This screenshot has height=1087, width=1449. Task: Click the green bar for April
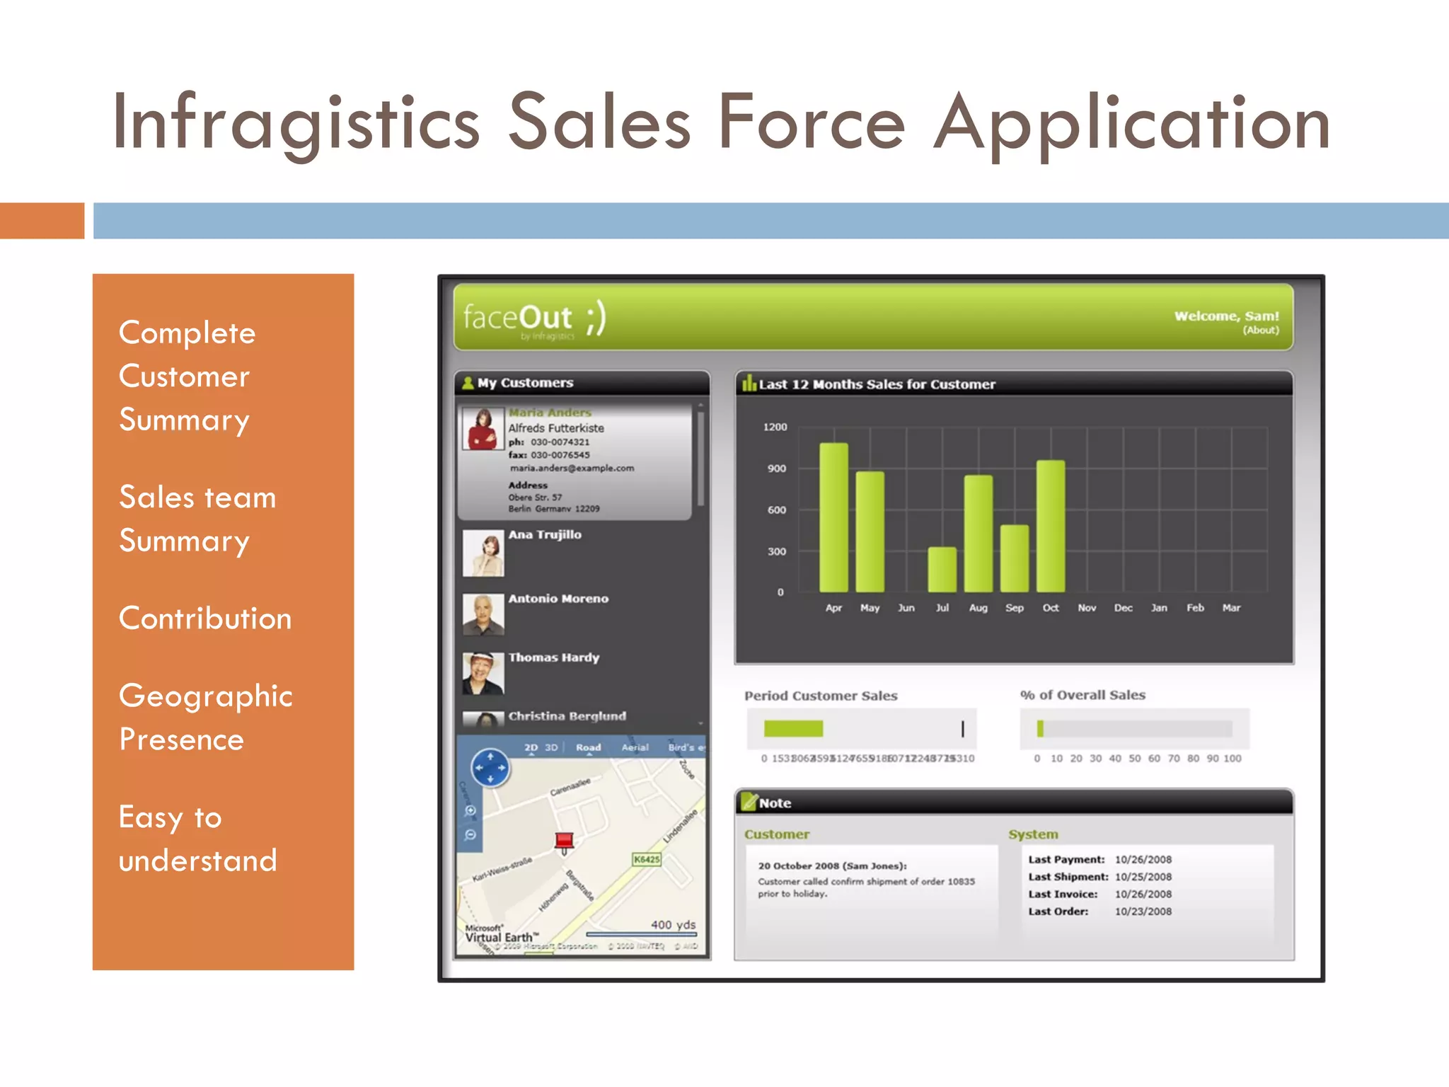(x=833, y=517)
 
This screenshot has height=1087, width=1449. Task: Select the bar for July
(x=942, y=569)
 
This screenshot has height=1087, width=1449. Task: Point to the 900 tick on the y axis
(x=776, y=468)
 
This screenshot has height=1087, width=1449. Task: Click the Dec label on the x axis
(x=1123, y=608)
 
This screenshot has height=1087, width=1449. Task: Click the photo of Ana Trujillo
(x=483, y=553)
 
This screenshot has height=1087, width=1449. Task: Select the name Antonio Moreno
(x=558, y=599)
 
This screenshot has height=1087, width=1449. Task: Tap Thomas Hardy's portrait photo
(x=483, y=673)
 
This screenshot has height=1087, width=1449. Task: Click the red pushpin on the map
(x=564, y=841)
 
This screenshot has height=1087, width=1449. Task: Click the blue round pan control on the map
(x=490, y=768)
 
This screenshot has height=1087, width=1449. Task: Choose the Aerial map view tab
(x=635, y=747)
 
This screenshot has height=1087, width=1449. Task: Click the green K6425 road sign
(x=647, y=859)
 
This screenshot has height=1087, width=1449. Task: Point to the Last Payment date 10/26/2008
(x=1143, y=860)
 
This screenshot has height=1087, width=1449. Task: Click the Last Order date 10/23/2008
(x=1143, y=911)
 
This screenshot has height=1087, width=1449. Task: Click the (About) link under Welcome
(x=1261, y=330)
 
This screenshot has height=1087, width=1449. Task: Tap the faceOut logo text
(x=518, y=318)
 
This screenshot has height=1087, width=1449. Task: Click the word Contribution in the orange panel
(x=205, y=619)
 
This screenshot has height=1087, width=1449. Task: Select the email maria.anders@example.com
(x=572, y=468)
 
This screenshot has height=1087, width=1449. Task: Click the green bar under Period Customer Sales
(x=793, y=728)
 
